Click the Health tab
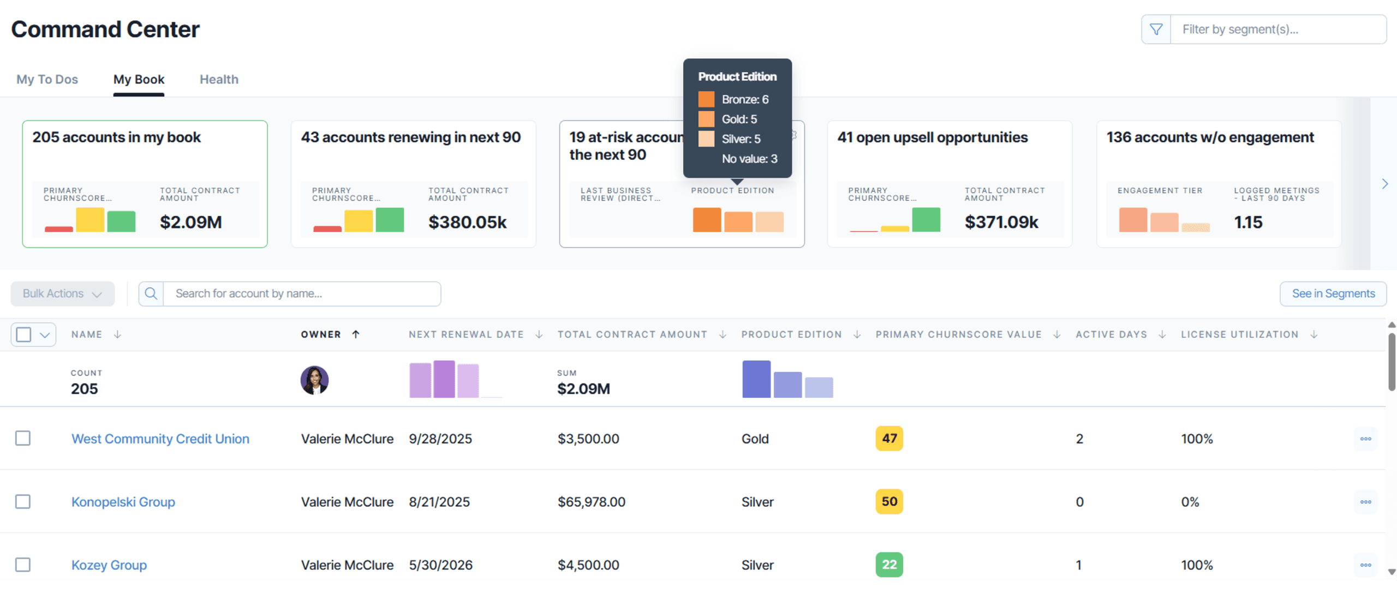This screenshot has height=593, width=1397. (219, 80)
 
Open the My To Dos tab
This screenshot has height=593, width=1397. (47, 80)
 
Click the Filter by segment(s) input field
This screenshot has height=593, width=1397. (1277, 29)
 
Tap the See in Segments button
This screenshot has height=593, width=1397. (1333, 293)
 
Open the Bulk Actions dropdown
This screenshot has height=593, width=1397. (62, 293)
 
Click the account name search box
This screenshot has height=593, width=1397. (301, 293)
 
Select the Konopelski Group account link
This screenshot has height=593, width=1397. (123, 502)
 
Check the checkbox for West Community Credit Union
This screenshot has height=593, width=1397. (23, 438)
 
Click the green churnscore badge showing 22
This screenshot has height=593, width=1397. (889, 565)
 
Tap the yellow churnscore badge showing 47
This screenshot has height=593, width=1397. (889, 438)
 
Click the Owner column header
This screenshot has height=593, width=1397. (321, 334)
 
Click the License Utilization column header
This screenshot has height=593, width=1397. (1239, 334)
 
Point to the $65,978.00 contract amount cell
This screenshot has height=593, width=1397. (591, 502)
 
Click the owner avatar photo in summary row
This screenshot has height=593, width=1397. (314, 380)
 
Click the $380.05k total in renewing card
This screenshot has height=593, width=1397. (467, 222)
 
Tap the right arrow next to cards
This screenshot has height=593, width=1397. (1384, 184)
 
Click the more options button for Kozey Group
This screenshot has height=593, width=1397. (1365, 565)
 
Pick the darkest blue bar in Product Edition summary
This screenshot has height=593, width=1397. (756, 379)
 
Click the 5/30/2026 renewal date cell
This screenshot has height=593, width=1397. (440, 565)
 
